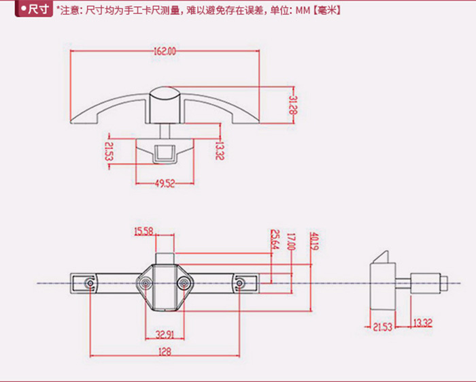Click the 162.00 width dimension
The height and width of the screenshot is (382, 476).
pyautogui.click(x=163, y=50)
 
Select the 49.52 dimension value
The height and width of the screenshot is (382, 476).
pyautogui.click(x=166, y=182)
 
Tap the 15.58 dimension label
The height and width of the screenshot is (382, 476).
pyautogui.click(x=144, y=232)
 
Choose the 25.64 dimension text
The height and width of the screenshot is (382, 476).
pyautogui.click(x=275, y=240)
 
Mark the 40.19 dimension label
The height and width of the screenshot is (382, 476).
pyautogui.click(x=313, y=242)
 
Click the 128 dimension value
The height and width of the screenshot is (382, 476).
pyautogui.click(x=165, y=351)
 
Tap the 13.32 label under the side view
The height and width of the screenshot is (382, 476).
pyautogui.click(x=423, y=322)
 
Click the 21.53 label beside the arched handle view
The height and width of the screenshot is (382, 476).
pyautogui.click(x=109, y=152)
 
